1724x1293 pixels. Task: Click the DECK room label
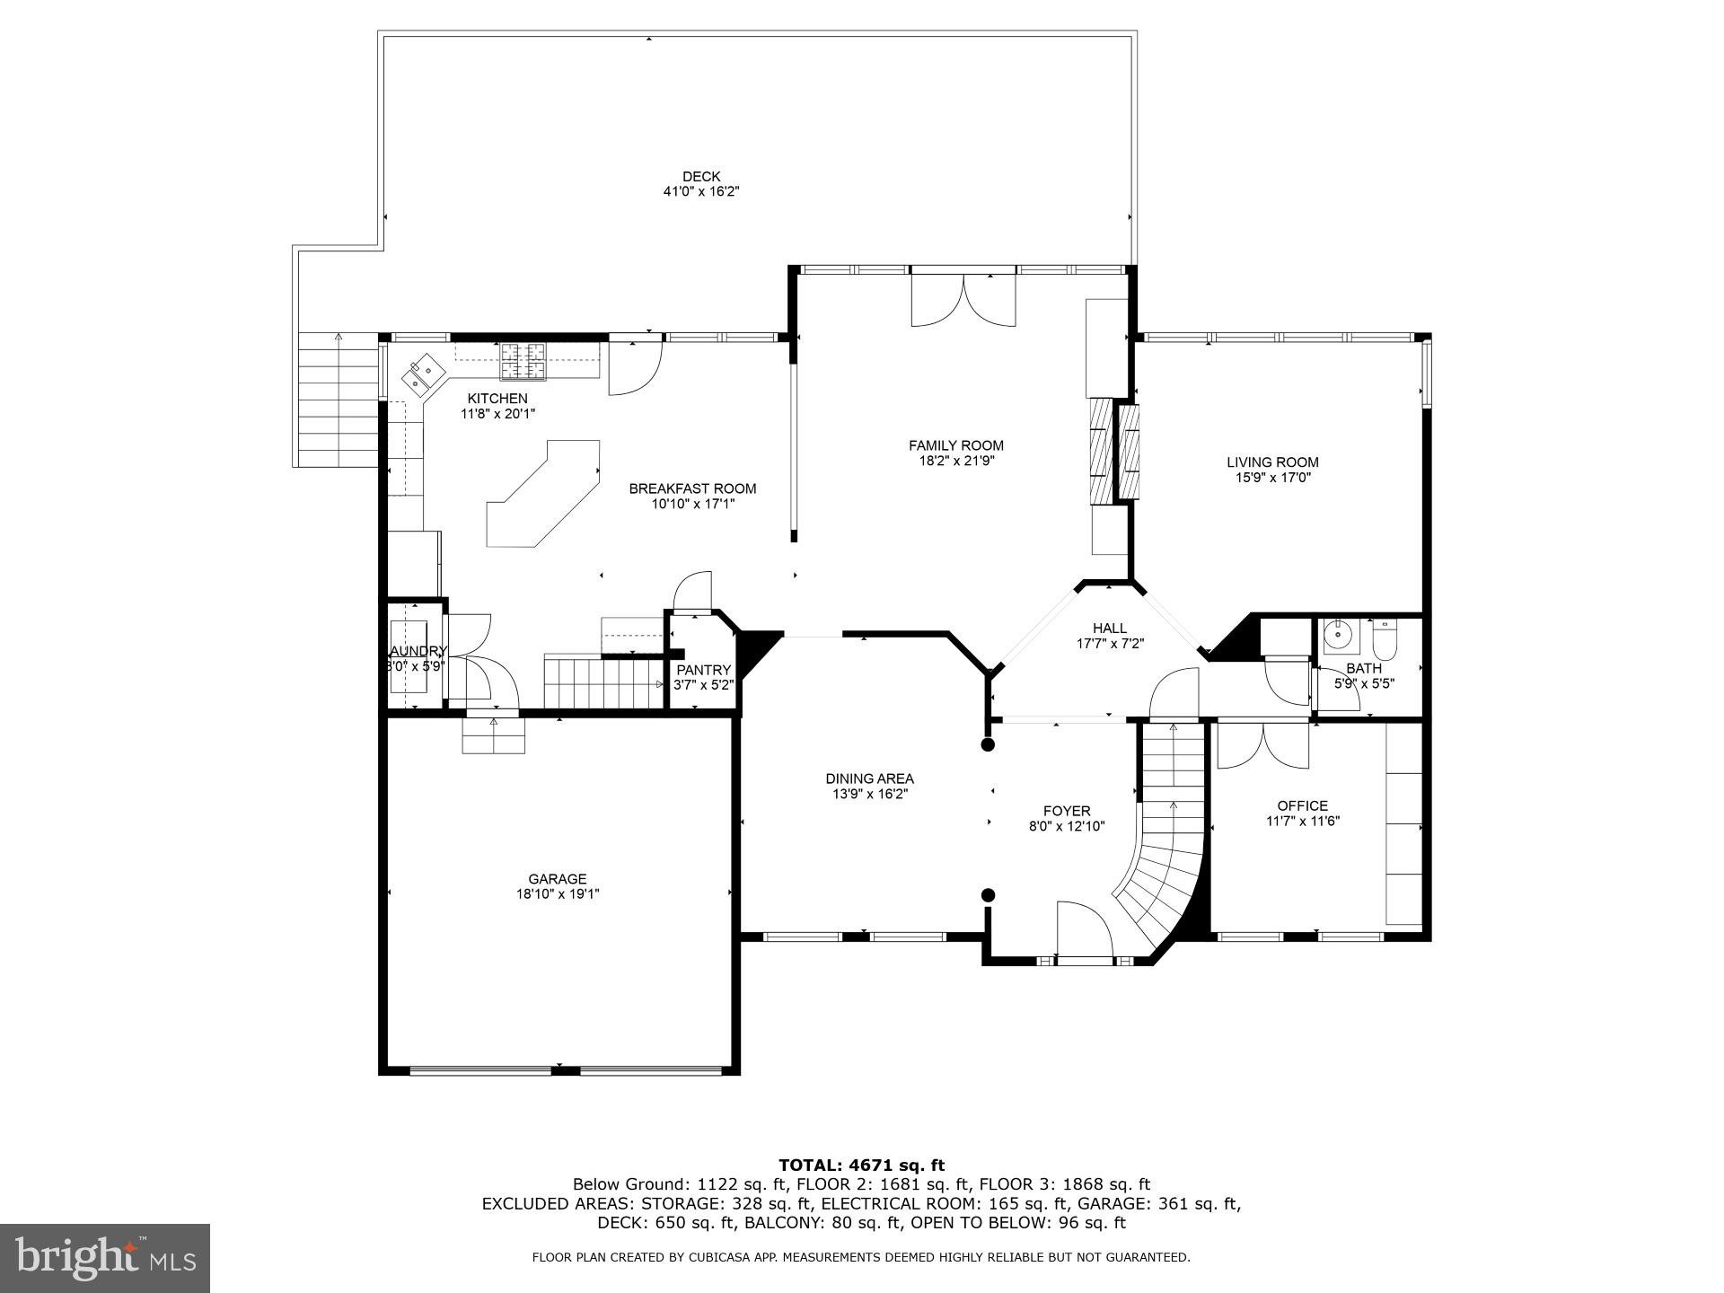pos(700,177)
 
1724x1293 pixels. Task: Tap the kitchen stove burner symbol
pos(523,360)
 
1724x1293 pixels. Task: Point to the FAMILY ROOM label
pos(955,445)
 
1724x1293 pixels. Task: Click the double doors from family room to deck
pos(963,301)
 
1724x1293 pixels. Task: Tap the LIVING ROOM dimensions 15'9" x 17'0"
pos(1272,478)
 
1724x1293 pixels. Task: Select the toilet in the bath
pos(1385,638)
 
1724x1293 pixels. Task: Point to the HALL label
pos(1110,628)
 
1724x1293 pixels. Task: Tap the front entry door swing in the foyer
pos(1084,930)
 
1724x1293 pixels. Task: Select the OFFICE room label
pos(1302,805)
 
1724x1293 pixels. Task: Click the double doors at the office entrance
pos(1263,745)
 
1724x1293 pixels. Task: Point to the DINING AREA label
pos(869,778)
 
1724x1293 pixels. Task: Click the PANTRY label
pos(703,670)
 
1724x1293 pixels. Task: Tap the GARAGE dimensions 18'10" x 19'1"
pos(557,893)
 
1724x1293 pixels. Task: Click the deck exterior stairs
pos(338,400)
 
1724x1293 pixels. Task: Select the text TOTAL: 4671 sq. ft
pos(861,1165)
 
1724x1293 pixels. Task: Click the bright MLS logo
pos(105,1258)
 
